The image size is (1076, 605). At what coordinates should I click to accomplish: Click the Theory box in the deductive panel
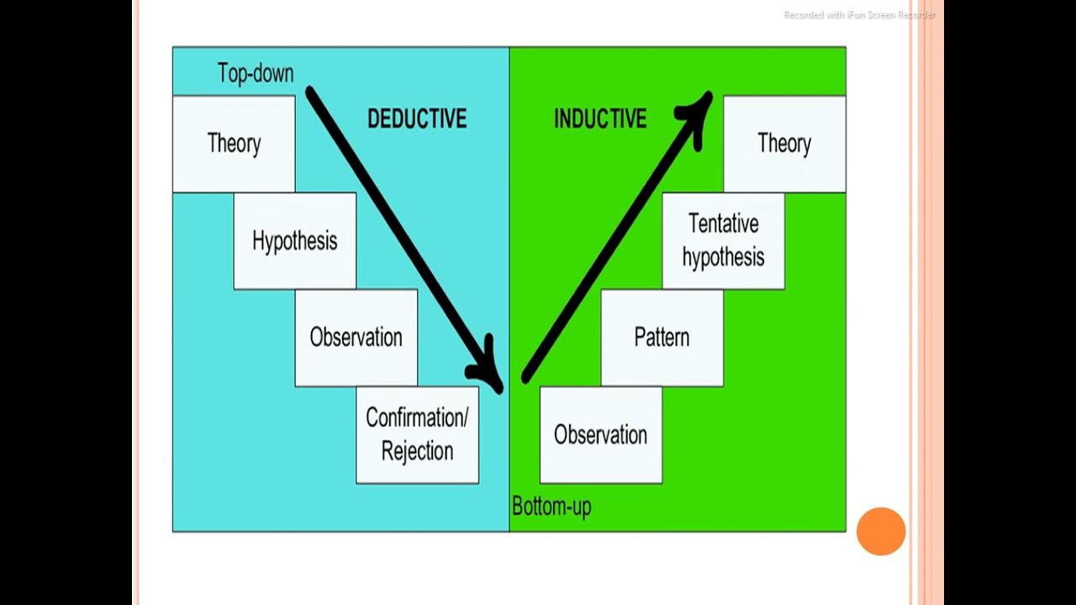coord(234,144)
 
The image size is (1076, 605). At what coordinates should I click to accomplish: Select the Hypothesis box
coord(294,241)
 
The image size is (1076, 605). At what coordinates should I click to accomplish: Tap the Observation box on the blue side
coord(356,338)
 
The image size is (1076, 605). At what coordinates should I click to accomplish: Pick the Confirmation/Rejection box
coord(417,434)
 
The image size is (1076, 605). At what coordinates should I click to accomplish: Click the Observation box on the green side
coord(600,435)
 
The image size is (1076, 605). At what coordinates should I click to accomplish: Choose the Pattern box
coord(662,338)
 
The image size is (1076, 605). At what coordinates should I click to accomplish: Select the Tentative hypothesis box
coord(723,241)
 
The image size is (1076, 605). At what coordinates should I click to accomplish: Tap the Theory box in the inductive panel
coord(783,144)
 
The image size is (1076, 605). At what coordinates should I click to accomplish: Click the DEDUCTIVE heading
coord(416,119)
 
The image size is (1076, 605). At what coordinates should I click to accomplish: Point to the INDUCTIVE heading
coord(600,119)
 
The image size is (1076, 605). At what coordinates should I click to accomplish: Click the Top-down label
coord(256,73)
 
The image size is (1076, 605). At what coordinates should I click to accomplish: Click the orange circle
coord(880,531)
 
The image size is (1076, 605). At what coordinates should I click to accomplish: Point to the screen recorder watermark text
coord(859,15)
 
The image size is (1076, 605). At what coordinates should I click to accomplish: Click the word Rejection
coord(417,451)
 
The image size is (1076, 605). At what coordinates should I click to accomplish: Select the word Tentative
coord(723,224)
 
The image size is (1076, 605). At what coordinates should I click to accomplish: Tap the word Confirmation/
coord(417,418)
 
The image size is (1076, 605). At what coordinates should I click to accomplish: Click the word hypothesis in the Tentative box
coord(723,257)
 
